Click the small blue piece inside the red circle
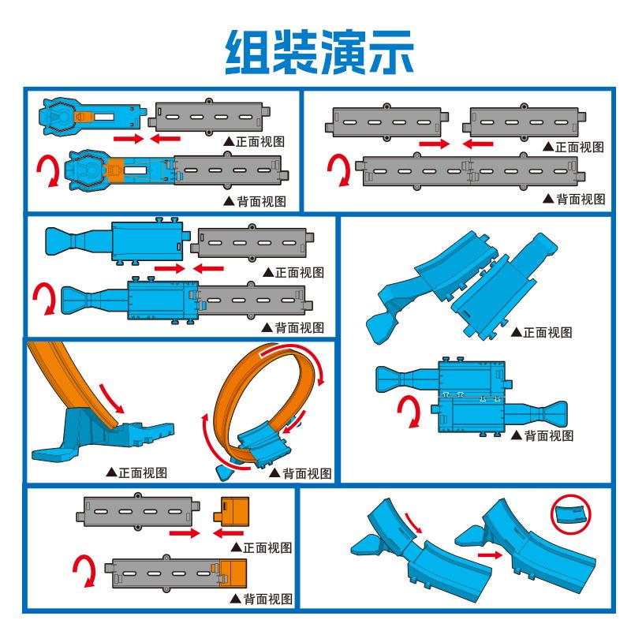(x=569, y=514)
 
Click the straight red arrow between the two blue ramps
(x=489, y=555)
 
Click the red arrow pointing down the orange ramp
(x=112, y=398)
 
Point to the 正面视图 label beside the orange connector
(x=267, y=547)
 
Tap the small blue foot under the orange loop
(x=226, y=472)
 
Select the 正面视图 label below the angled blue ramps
(x=545, y=332)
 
